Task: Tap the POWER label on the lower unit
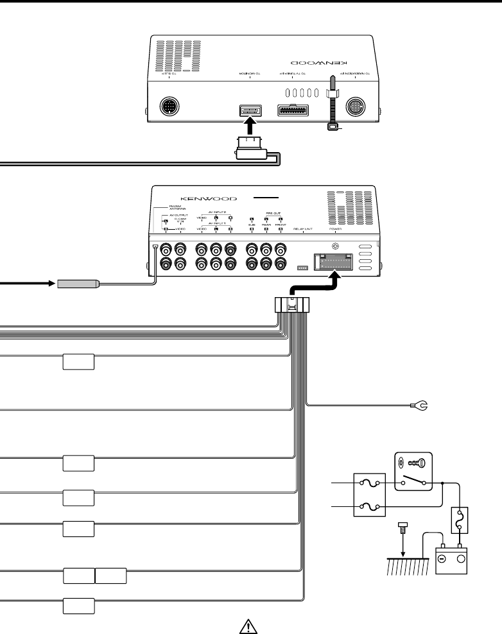[x=334, y=228]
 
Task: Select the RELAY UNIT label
[x=302, y=228]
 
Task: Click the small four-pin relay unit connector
[x=302, y=268]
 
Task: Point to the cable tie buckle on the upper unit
[x=332, y=128]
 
